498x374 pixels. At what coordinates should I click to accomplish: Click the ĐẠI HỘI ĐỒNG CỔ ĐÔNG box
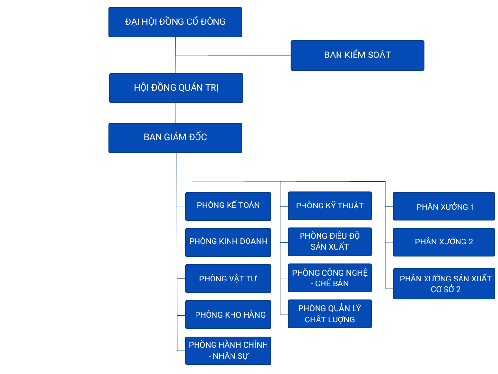pos(175,22)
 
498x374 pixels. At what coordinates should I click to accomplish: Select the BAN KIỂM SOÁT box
pos(357,55)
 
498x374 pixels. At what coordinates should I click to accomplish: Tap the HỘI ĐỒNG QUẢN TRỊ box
pos(176,88)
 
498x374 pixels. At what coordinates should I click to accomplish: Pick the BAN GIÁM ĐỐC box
pos(175,138)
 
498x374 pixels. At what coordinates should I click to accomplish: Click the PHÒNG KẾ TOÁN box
pos(228,206)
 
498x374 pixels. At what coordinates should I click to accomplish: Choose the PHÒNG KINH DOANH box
pos(228,242)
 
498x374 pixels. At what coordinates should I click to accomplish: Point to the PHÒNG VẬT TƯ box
pos(228,279)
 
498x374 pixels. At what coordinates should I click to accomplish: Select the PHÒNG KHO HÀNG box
pos(228,315)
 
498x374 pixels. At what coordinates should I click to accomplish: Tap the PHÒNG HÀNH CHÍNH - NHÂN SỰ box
pos(228,351)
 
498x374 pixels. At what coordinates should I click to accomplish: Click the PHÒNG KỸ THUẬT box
pos(330,206)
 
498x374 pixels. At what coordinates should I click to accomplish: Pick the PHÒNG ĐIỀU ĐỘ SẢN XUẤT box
pos(330,242)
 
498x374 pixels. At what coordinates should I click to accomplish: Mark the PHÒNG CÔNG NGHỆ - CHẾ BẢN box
pos(330,278)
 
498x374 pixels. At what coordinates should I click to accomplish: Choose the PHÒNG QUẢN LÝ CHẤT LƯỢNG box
pos(330,314)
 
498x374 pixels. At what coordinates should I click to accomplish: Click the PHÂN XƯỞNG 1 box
pos(444,206)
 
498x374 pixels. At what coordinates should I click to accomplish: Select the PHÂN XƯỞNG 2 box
pos(444,242)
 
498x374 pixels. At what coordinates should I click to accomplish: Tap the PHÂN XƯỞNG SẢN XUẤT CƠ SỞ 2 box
pos(444,284)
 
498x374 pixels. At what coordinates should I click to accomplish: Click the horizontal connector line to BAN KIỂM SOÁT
pos(233,56)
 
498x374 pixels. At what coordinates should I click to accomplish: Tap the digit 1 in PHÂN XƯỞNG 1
pos(472,207)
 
